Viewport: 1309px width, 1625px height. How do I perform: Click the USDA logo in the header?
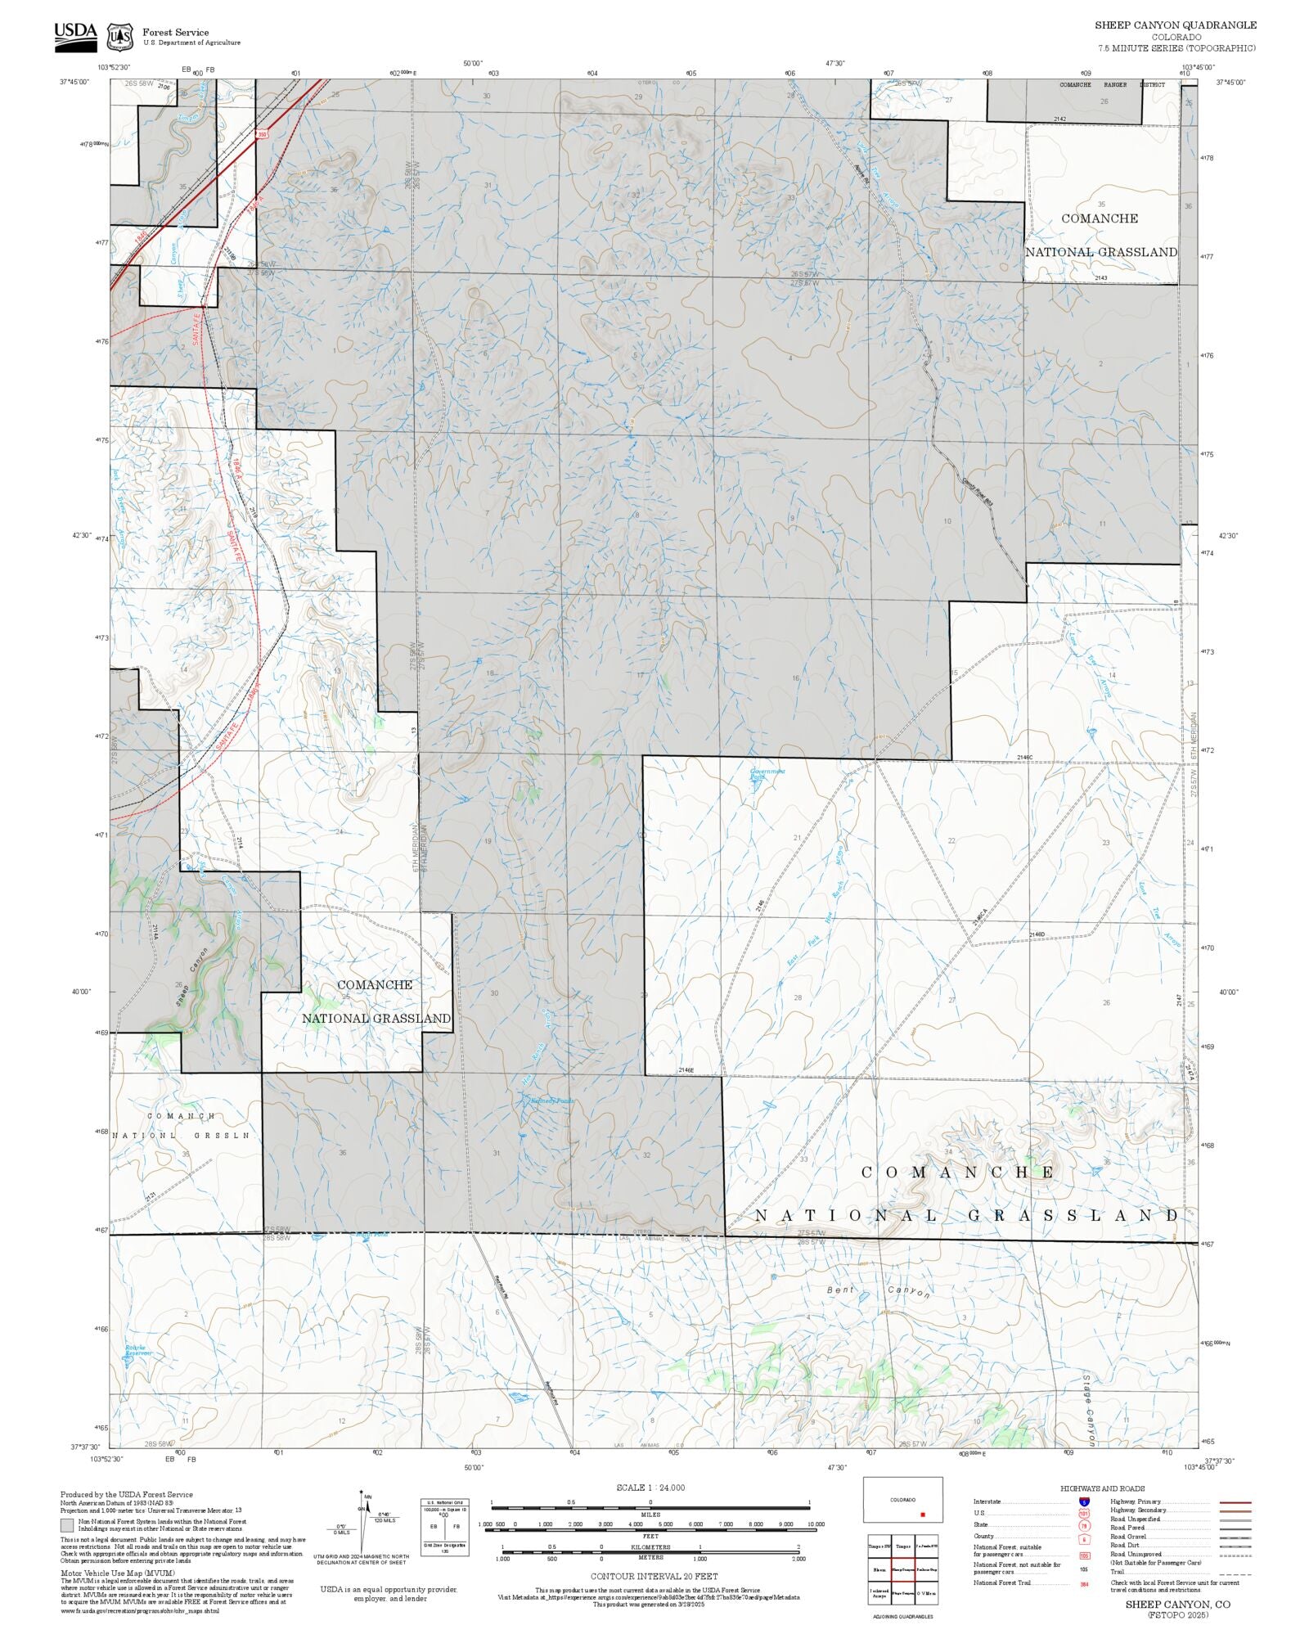75,37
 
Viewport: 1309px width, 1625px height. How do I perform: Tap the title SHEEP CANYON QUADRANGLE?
1176,25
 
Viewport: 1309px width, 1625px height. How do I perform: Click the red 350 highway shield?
262,134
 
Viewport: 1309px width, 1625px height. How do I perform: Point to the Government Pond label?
767,774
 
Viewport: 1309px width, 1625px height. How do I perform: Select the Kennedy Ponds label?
552,1101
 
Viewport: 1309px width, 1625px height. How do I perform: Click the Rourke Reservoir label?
138,1351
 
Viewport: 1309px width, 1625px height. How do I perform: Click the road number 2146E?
686,1070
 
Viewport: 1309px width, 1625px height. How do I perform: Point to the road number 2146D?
1037,934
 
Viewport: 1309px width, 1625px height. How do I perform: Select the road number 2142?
1059,119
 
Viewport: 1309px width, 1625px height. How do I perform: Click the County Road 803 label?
978,490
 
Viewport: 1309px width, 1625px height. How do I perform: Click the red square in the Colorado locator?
922,1515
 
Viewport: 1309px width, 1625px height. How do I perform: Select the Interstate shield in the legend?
1084,1502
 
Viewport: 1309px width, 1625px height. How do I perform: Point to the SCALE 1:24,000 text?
650,1488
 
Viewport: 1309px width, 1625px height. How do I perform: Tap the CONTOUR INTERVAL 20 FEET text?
654,1576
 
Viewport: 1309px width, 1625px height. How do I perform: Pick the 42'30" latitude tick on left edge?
81,536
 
